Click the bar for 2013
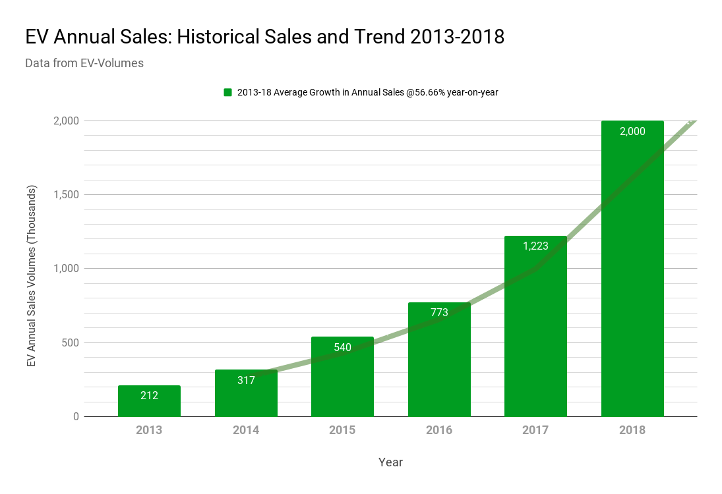(x=149, y=401)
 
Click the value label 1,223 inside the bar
(x=535, y=246)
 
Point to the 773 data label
(x=439, y=312)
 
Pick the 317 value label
(x=246, y=380)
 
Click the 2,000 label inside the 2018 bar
(x=632, y=131)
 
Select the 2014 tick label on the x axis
(x=246, y=430)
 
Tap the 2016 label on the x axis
(x=439, y=430)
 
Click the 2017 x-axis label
(x=535, y=430)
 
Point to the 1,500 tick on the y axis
(x=66, y=195)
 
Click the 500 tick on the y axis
(x=71, y=343)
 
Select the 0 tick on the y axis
(x=76, y=416)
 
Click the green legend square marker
(x=227, y=92)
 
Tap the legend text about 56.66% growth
(x=367, y=92)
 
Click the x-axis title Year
(x=390, y=462)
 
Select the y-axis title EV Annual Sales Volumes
(x=32, y=276)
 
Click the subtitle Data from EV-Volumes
(x=84, y=64)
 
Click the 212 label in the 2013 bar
(x=149, y=395)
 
